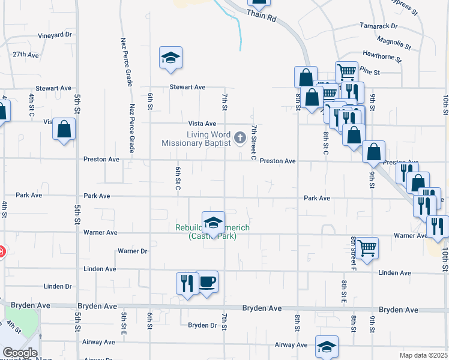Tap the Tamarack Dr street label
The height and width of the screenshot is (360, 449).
tap(379, 26)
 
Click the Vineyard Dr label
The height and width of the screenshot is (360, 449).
tap(55, 35)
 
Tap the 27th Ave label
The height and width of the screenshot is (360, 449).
tap(26, 55)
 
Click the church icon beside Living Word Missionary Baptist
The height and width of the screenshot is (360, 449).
tap(240, 139)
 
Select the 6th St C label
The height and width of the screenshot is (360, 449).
tap(178, 178)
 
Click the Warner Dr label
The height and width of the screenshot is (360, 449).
tap(133, 251)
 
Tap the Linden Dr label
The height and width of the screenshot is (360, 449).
tap(58, 287)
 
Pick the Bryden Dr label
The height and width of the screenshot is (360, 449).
tap(202, 325)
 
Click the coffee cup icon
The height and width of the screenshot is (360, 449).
tap(207, 281)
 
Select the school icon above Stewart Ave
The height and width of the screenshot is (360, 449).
tap(170, 58)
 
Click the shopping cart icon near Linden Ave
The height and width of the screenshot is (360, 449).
tap(367, 247)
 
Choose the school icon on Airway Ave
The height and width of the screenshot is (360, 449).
tap(327, 347)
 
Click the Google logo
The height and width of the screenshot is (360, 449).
tap(20, 353)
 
